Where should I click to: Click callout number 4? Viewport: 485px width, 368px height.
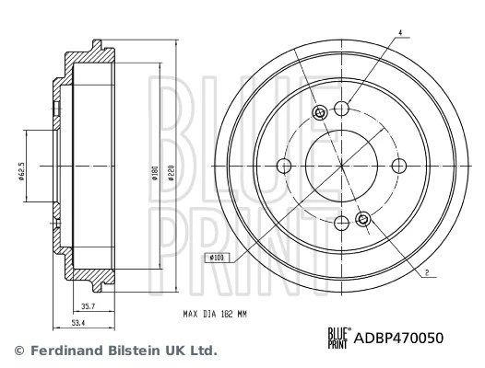[401, 33]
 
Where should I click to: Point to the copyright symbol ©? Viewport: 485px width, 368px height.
[18, 351]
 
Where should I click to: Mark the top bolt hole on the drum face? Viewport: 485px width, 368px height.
[341, 109]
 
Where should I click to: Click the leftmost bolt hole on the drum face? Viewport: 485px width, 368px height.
[285, 166]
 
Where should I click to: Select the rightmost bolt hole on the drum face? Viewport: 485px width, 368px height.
[398, 166]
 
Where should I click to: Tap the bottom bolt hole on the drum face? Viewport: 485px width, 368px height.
[341, 222]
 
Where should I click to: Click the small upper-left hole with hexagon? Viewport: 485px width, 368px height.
[320, 113]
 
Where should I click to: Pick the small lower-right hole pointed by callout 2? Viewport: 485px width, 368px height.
[362, 219]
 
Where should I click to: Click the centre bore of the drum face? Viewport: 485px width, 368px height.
[341, 166]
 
